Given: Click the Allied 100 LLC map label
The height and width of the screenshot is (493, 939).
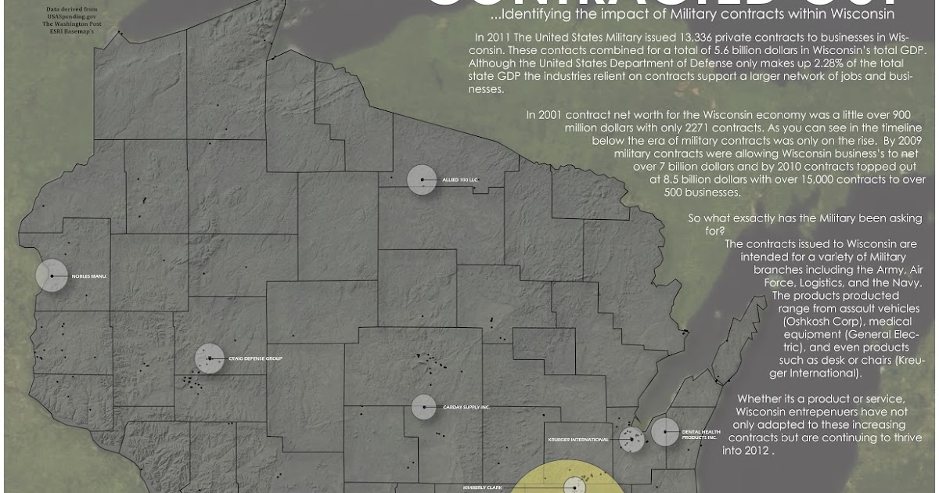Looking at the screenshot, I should [460, 180].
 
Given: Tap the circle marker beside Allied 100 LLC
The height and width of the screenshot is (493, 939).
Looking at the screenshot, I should [422, 180].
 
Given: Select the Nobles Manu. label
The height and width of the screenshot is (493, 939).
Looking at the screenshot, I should [88, 276].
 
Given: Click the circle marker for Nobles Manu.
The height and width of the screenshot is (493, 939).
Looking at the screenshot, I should [52, 275].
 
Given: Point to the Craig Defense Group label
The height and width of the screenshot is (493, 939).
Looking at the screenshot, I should [255, 359].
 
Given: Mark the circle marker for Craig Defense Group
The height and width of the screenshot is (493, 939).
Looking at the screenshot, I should [210, 358].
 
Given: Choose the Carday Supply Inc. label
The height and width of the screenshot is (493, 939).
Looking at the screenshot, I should [466, 408].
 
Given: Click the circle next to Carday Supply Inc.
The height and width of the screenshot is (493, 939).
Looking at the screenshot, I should [423, 407].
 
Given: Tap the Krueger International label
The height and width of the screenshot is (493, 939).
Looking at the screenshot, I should [578, 440].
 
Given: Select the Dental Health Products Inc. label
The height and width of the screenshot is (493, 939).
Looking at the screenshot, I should [700, 434].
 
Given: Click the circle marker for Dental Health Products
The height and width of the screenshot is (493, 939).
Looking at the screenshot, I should [664, 432].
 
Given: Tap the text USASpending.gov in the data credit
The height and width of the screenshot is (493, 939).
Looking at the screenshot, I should [72, 16].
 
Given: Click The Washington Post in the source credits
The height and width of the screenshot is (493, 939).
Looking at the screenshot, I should [72, 23].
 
